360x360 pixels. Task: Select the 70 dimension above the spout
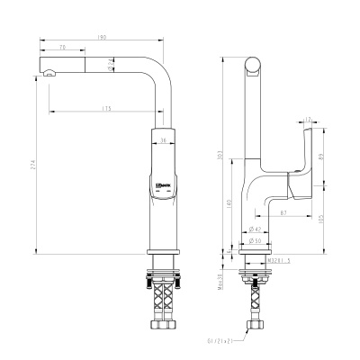point(62,46)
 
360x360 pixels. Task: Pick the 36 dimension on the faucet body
point(162,140)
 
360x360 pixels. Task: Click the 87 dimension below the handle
point(283,213)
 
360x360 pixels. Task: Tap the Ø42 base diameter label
point(254,231)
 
